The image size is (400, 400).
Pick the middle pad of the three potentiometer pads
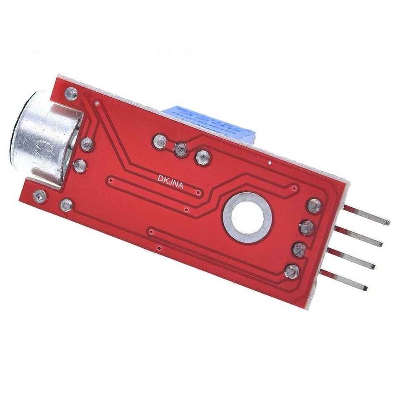[x=181, y=149]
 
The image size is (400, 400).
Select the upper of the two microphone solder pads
[x=87, y=144]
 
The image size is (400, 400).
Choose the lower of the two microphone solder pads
[x=80, y=165]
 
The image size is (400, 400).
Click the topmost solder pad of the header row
[x=314, y=205]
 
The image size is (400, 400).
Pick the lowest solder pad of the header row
[x=292, y=271]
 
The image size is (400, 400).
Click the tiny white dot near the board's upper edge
[x=271, y=162]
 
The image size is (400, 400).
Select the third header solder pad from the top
[x=299, y=250]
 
